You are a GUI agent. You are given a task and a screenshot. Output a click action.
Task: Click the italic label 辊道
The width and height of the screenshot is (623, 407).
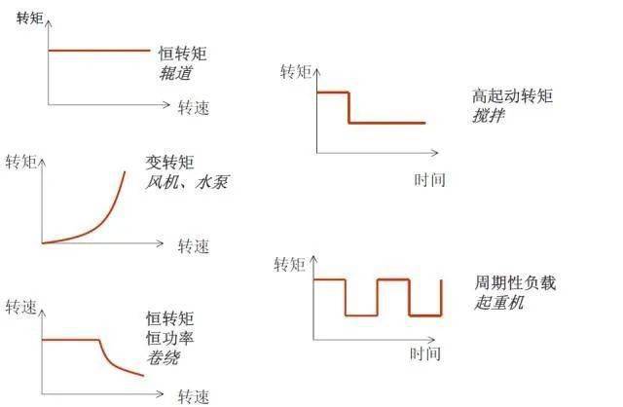point(176,73)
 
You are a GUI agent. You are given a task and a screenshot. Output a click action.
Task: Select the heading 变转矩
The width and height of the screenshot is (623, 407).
point(169,163)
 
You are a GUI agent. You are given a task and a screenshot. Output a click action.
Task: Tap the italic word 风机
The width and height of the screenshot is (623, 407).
point(162,182)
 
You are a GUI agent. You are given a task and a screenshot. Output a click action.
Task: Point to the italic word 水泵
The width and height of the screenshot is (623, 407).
point(212,182)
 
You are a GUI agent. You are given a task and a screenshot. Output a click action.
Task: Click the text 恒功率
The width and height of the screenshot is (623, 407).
point(169,338)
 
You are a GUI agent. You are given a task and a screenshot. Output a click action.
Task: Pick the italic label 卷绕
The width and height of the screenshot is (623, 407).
point(164,357)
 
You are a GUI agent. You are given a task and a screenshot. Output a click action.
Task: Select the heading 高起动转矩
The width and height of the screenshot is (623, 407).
point(513,95)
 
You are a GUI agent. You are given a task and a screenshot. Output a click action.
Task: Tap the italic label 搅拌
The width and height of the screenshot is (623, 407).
point(489,116)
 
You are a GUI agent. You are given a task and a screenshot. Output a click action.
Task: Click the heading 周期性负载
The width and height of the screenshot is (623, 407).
point(515,283)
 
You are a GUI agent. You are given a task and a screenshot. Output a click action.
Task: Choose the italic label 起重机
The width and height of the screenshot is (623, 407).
point(499,303)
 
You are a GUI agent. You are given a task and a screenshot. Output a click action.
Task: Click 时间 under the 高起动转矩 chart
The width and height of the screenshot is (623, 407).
point(429,180)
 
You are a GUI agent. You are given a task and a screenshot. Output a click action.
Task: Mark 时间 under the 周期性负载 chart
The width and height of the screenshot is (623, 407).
point(425,353)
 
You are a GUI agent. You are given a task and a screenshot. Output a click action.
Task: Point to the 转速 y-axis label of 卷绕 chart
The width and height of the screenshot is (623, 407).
point(21,308)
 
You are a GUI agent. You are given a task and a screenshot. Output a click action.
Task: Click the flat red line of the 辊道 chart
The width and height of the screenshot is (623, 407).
point(99,51)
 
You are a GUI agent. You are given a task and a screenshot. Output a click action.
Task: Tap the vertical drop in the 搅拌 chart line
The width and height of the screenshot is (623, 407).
point(348,108)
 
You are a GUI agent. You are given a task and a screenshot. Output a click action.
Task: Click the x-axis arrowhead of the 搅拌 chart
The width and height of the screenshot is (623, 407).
point(435,152)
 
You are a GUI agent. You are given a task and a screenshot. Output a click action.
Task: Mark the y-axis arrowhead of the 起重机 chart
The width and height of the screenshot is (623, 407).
point(313,259)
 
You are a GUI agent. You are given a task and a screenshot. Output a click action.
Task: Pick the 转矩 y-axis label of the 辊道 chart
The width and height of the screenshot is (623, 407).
point(30,18)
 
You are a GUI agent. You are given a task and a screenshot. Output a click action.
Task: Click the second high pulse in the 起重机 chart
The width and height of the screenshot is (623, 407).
point(393,279)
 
